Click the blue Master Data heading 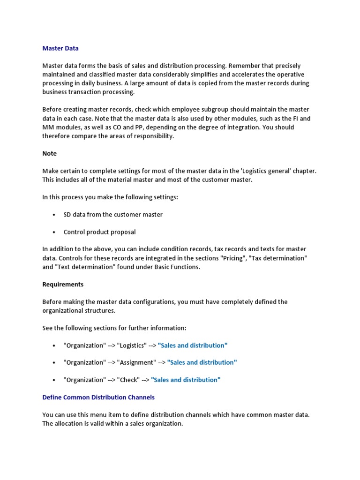[x=60, y=48]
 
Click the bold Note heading [x=49, y=153]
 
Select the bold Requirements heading [x=63, y=285]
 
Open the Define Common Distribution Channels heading [x=98, y=397]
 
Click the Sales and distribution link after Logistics [x=193, y=345]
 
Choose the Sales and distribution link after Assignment [x=202, y=362]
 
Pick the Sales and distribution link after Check [x=186, y=380]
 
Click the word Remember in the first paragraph [x=244, y=66]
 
